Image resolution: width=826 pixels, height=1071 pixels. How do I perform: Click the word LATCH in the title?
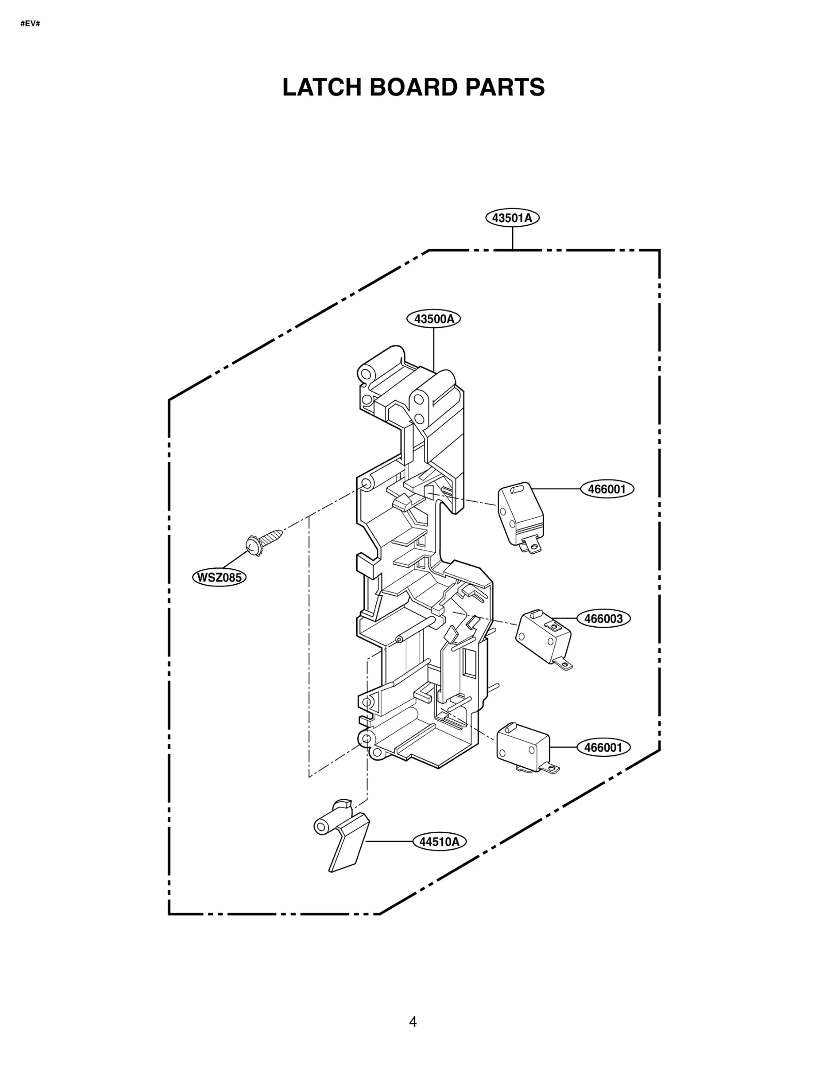tap(323, 87)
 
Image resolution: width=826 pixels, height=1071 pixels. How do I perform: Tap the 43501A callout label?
tap(512, 218)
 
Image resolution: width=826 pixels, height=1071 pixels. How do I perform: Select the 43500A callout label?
tap(434, 319)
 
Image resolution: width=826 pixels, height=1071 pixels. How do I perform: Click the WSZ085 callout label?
tap(219, 577)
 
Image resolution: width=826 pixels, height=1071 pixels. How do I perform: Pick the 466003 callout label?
tap(603, 618)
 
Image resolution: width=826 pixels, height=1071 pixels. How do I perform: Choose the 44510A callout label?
tap(439, 842)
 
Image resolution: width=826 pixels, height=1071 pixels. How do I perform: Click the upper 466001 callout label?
tap(607, 489)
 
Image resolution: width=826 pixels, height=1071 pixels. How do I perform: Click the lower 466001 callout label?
tap(603, 748)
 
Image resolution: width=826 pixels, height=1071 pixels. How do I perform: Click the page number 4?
tap(412, 1021)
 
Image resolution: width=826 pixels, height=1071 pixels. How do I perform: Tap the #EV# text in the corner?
tap(30, 24)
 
